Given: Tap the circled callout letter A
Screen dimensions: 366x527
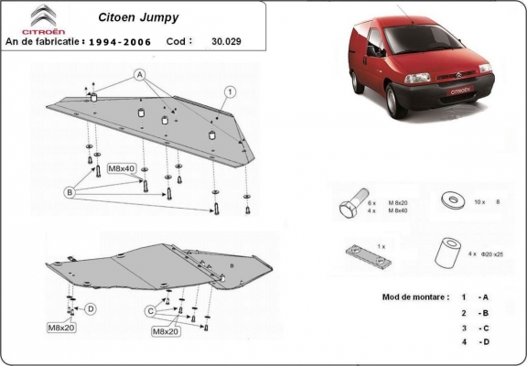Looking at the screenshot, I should click(141, 73).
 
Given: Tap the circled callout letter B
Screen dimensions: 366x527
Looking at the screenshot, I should click(69, 192).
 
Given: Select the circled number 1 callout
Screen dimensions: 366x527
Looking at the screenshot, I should click(230, 91).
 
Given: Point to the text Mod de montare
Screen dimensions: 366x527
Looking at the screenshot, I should click(414, 298).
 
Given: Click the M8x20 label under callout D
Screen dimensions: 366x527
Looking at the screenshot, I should click(61, 326).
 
